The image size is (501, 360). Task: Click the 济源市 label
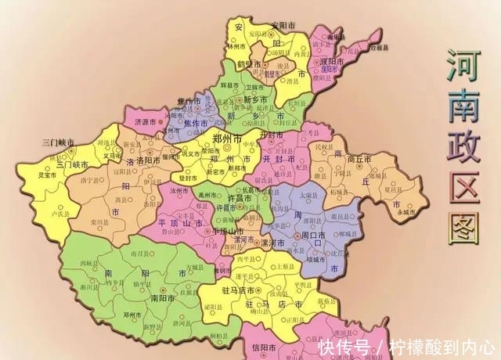click(x=146, y=122)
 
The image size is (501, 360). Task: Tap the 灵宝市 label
click(x=31, y=175)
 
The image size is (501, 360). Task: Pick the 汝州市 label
click(x=179, y=190)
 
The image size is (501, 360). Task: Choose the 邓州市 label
click(x=131, y=314)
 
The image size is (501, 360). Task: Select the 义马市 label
click(x=113, y=154)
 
